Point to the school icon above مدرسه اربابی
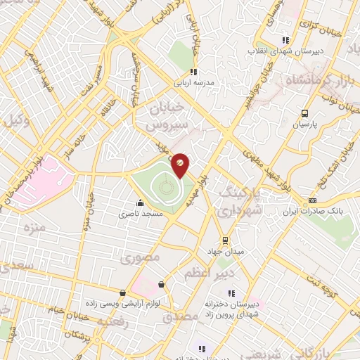coord(193,71)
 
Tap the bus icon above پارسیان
coord(304,113)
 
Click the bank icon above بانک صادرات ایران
coord(312,200)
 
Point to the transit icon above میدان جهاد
coord(224,239)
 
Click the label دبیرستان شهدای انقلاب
coord(284,51)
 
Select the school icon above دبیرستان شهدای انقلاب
coord(285,40)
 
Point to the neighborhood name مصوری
coord(140,258)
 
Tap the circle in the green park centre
coord(165,187)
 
